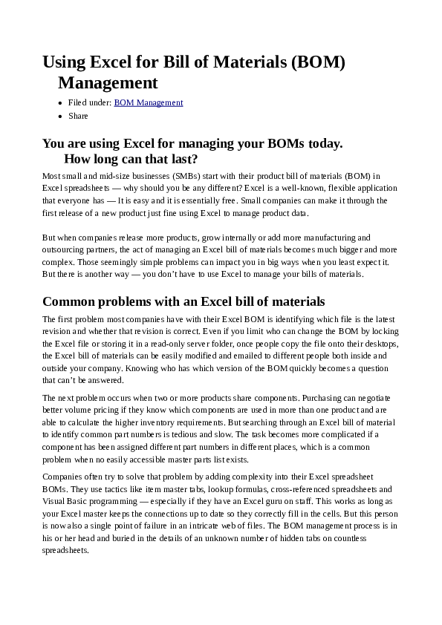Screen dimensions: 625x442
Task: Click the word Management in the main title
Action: (x=108, y=82)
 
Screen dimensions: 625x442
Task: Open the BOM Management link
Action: (x=148, y=103)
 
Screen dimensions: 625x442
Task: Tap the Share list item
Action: (x=78, y=116)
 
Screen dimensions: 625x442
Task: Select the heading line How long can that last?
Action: (x=131, y=159)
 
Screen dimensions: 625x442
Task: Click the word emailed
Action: (x=244, y=356)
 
